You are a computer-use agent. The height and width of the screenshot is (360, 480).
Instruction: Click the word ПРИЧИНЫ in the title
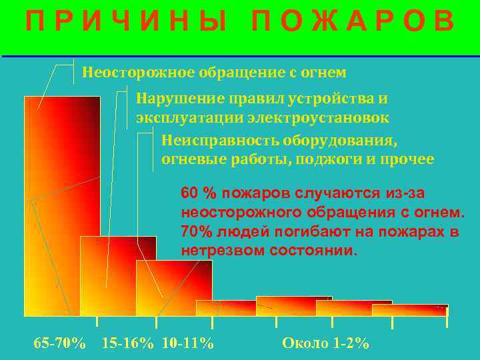tap(127, 23)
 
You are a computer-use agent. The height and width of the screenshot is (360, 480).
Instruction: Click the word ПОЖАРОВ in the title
tap(353, 23)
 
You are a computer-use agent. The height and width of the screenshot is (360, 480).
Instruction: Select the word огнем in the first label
tap(325, 72)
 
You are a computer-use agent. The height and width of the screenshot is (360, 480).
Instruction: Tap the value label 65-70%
tap(59, 343)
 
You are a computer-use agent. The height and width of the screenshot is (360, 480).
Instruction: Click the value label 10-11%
tap(188, 343)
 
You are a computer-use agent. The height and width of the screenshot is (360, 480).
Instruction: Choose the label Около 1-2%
tap(325, 343)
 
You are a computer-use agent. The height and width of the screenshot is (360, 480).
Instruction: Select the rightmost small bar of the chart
tap(410, 310)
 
